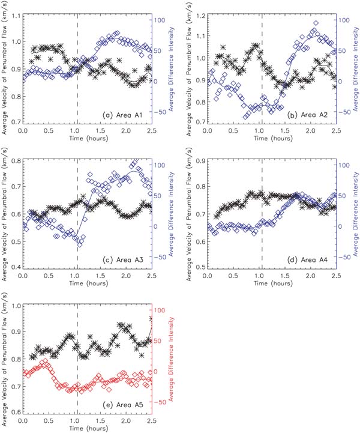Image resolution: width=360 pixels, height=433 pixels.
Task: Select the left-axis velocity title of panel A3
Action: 4,214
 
